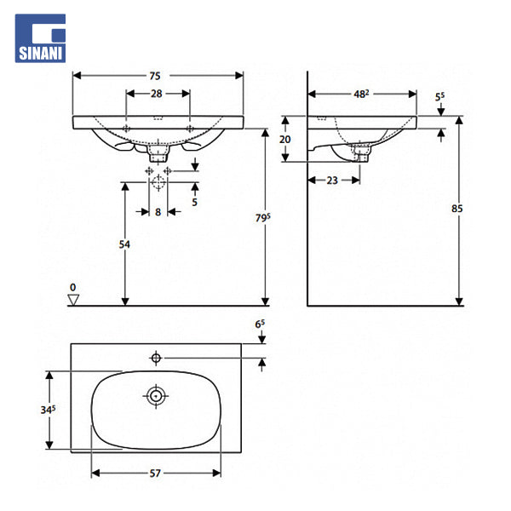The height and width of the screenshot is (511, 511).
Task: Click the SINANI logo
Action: point(40,38)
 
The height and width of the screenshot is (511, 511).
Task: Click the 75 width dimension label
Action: point(155,76)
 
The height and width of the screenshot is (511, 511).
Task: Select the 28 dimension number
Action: point(157,94)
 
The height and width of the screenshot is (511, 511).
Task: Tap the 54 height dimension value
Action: point(124,244)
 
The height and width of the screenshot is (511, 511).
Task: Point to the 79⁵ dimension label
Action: point(262,218)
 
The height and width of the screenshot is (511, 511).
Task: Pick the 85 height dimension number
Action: point(456,209)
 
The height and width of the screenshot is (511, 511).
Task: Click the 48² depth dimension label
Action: point(361,94)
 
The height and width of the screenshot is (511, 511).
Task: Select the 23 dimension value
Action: point(332,181)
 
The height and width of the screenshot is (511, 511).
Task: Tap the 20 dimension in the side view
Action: point(284,140)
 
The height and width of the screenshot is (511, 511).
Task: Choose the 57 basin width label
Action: point(155,474)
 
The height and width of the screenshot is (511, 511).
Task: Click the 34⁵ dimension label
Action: point(48,410)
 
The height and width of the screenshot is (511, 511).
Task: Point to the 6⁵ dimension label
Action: point(260,324)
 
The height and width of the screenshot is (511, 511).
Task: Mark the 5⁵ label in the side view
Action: point(439,97)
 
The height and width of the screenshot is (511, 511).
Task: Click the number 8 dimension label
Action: point(158,212)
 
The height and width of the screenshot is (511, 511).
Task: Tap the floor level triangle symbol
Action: point(73,300)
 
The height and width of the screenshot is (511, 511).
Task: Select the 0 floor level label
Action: point(72,288)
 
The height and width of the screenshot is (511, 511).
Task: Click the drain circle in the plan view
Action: point(156,396)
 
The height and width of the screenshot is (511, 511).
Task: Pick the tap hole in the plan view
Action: point(156,359)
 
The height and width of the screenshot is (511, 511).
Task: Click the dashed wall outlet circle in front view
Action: point(158,182)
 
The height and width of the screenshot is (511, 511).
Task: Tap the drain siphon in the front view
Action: point(158,153)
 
